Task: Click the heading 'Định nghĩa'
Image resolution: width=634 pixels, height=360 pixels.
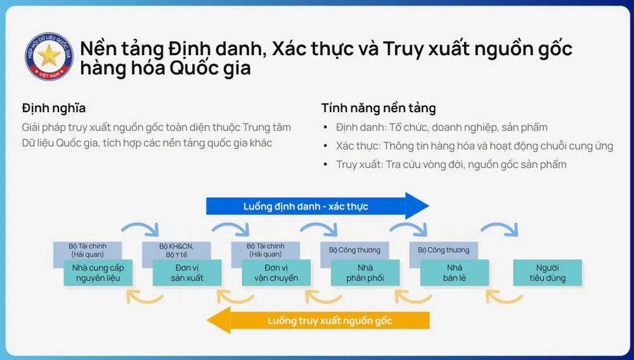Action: [x=54, y=108]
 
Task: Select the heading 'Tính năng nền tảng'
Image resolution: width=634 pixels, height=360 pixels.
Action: [x=378, y=108]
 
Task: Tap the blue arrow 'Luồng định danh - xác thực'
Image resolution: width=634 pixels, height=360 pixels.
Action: [x=317, y=206]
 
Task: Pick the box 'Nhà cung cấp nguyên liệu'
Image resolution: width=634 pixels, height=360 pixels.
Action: [x=98, y=273]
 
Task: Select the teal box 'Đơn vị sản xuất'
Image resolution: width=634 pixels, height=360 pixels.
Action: [x=187, y=273]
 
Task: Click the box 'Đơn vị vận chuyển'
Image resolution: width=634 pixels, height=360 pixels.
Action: [x=276, y=273]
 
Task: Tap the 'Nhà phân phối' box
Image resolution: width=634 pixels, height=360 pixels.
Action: [x=365, y=273]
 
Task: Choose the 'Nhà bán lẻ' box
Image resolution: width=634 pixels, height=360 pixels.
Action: [x=455, y=273]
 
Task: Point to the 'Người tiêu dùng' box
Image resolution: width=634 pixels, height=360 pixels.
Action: [x=547, y=273]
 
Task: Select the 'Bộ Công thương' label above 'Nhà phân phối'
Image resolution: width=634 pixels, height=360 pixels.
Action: [x=354, y=250]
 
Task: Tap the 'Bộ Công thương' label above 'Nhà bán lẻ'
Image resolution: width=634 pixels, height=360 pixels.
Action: [x=443, y=250]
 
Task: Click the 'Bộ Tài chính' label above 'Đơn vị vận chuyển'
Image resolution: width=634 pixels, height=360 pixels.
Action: [x=266, y=250]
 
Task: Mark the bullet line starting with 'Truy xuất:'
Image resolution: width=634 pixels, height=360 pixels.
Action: [x=451, y=165]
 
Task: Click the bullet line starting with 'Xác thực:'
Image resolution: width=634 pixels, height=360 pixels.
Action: [x=474, y=146]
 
